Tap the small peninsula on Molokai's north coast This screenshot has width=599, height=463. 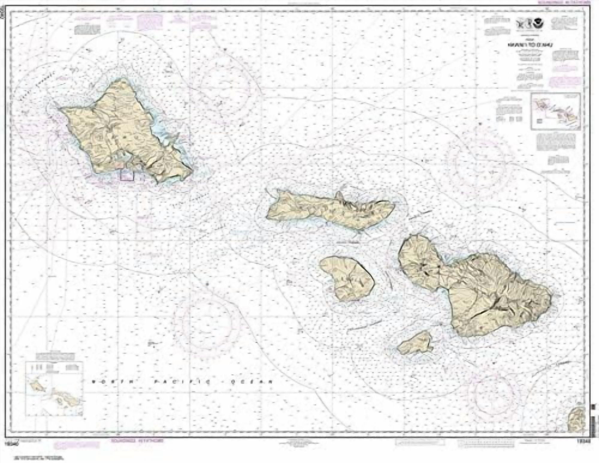pyautogui.click(x=340, y=197)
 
